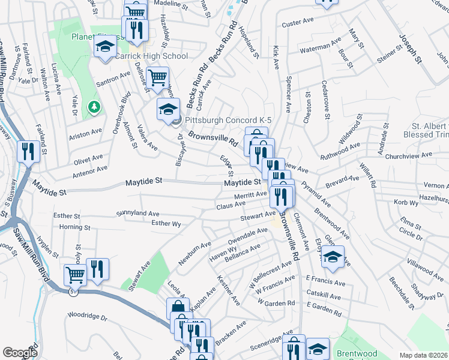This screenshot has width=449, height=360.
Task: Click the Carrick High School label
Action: click(x=152, y=56)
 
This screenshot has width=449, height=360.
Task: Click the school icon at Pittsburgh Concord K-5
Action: click(x=169, y=109)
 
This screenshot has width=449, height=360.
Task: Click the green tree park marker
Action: click(x=94, y=107)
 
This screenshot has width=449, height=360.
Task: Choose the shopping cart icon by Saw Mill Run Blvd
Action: click(x=75, y=275)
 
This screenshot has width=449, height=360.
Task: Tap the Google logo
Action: click(x=20, y=353)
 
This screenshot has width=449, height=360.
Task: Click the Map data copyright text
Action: click(x=423, y=355)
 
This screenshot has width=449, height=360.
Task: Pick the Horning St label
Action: click(x=75, y=228)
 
